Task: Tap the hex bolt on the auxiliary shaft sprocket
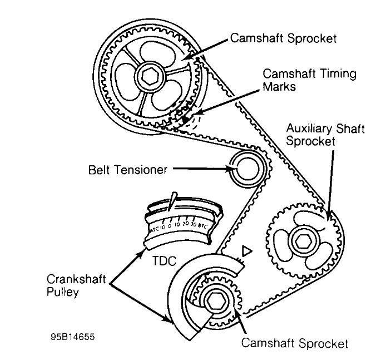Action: click(303, 241)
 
